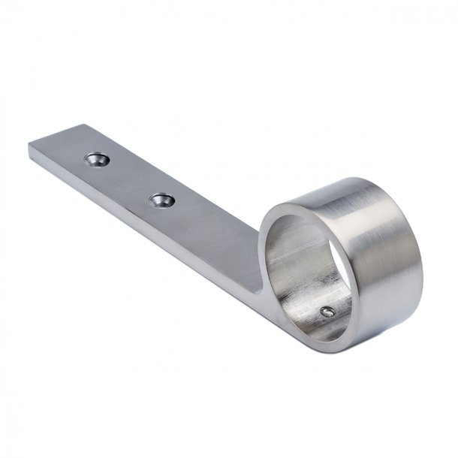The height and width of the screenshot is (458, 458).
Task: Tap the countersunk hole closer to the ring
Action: point(161,200)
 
